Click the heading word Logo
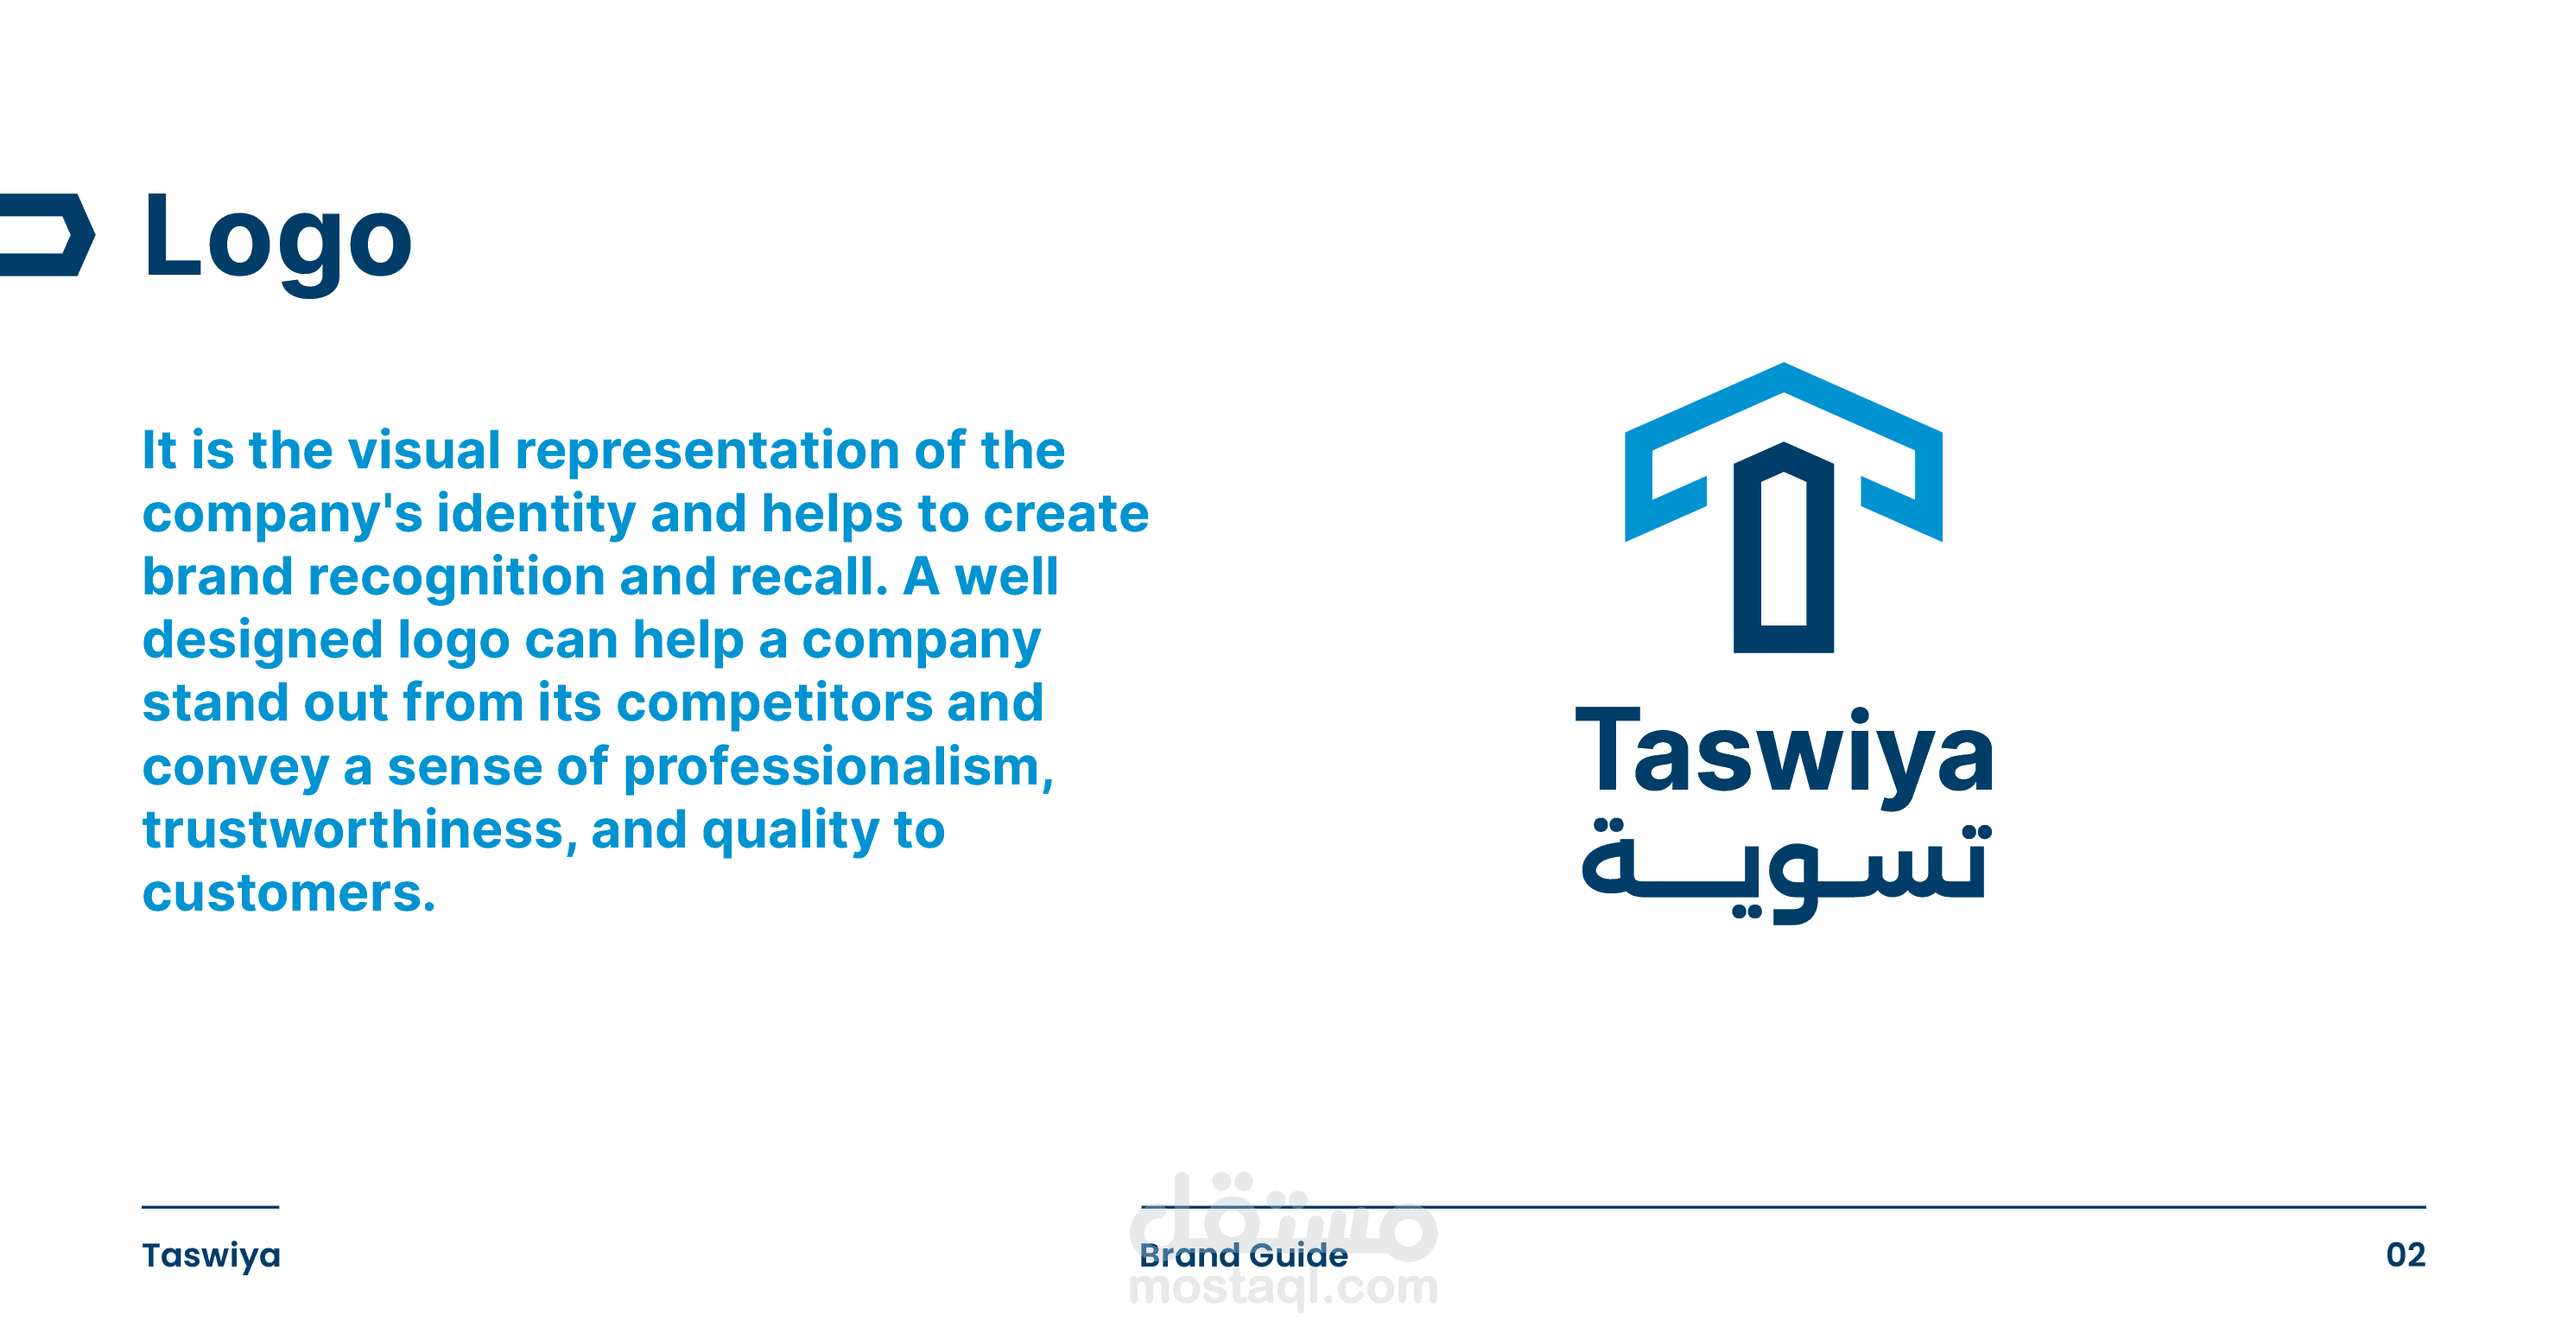[x=277, y=239]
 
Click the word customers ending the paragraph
[x=289, y=894]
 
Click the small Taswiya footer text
[x=212, y=1256]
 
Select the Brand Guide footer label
[x=1243, y=1255]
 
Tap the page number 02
[x=2406, y=1255]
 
